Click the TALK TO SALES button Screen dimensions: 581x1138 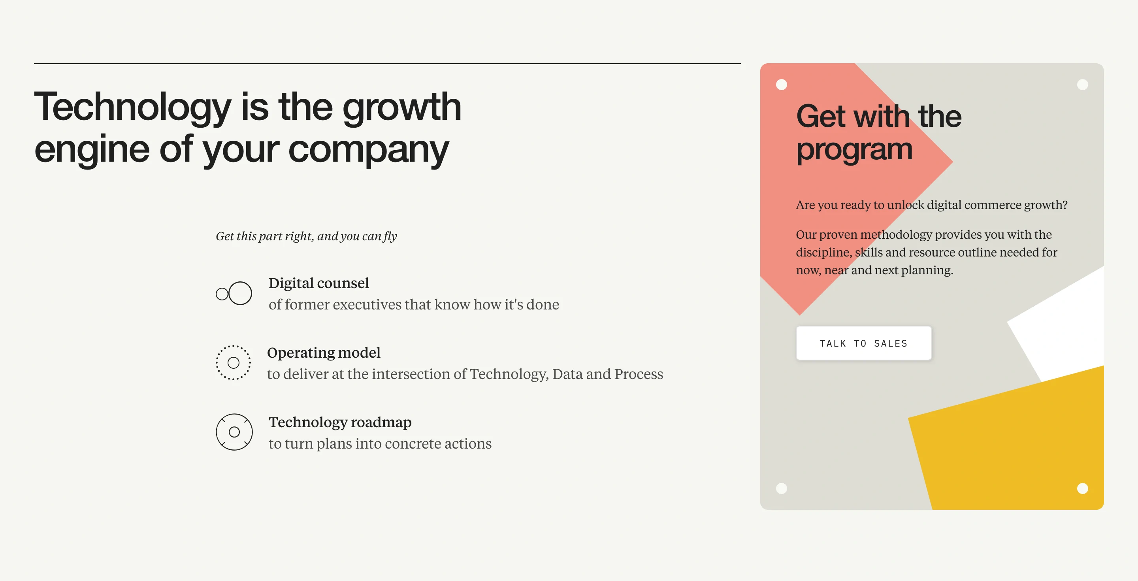(x=863, y=343)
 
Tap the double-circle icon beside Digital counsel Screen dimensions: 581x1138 (x=234, y=293)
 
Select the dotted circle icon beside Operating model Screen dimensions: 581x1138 (x=233, y=363)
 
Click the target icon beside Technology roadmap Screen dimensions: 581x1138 (x=234, y=432)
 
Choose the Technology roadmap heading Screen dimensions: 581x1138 (x=340, y=423)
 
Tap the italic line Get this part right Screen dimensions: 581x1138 (x=306, y=236)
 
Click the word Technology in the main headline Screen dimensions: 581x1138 (x=132, y=108)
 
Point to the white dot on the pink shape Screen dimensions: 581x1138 (x=782, y=85)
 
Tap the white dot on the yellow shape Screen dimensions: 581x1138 (x=1082, y=488)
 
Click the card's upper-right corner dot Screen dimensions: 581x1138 (x=1082, y=85)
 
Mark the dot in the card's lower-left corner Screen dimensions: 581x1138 (x=782, y=488)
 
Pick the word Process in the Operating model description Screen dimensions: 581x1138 (x=639, y=374)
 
